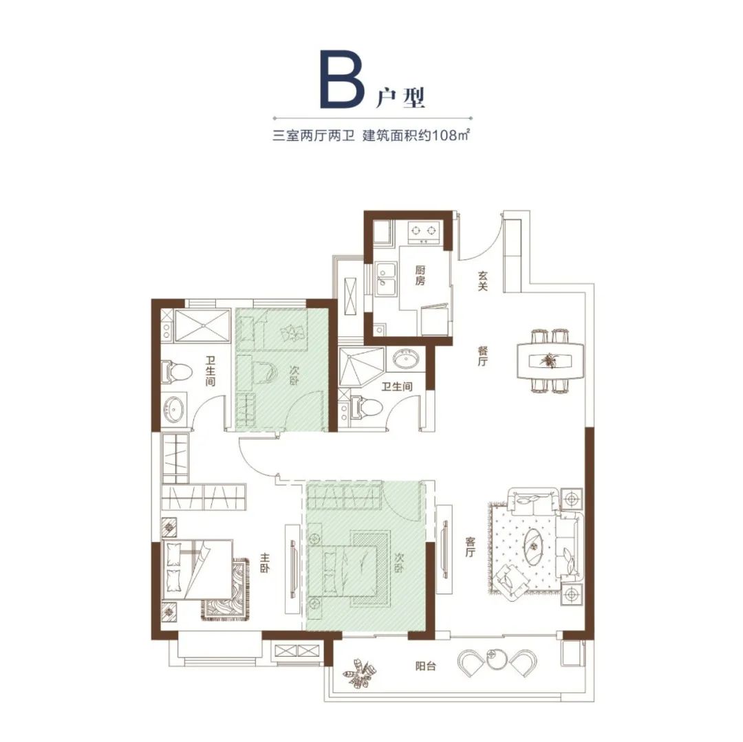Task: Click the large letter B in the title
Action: tap(341, 79)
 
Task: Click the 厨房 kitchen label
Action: tap(420, 275)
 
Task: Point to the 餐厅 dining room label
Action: tap(482, 356)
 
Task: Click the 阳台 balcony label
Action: tap(425, 666)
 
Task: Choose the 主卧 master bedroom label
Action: tap(264, 563)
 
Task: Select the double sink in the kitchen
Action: tap(385, 279)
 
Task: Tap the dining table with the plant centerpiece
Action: tap(550, 361)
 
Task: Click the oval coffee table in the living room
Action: tap(535, 545)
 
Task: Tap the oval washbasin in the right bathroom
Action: tap(405, 360)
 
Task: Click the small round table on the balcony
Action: tap(497, 659)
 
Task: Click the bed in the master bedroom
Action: tap(198, 570)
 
